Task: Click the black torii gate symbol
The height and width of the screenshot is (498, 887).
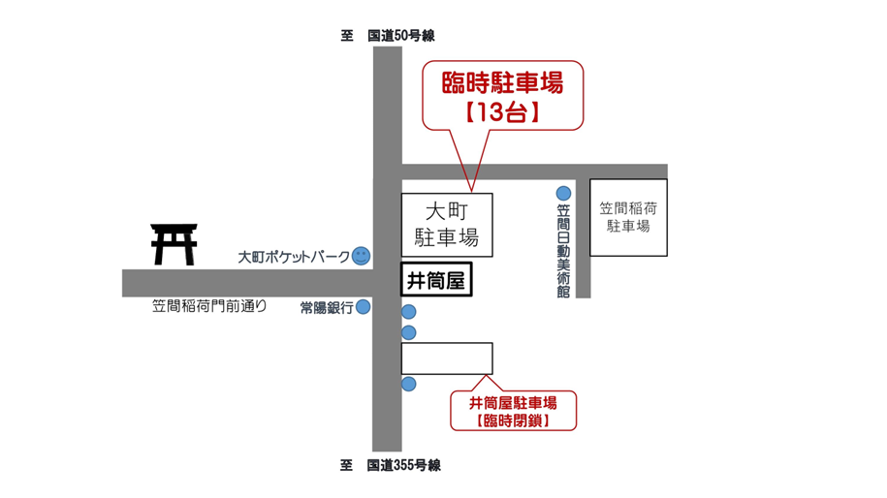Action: pos(174,244)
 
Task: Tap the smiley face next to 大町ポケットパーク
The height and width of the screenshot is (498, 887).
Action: pos(361,257)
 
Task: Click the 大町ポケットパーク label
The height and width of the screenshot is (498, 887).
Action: pos(294,258)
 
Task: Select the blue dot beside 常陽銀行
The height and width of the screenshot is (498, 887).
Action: pos(363,308)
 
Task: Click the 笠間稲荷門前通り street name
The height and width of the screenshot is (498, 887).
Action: pos(209,306)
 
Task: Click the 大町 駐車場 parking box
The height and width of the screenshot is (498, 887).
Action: pos(447,225)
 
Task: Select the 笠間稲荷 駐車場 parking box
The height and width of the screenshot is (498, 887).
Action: pos(628,217)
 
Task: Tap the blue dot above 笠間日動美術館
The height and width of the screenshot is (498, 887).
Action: pos(563,194)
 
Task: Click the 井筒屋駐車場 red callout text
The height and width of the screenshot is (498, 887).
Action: pos(513,402)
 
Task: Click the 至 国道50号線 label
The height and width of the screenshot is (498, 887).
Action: pos(389,36)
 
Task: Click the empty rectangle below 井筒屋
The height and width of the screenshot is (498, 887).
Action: pos(447,358)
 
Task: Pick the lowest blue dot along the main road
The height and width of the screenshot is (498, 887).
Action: pos(409,385)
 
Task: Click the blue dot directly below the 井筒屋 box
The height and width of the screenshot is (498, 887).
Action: pos(409,312)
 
